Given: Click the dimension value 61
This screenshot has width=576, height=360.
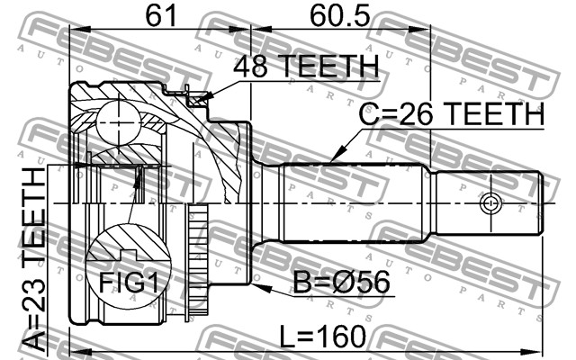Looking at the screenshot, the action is click(x=162, y=15).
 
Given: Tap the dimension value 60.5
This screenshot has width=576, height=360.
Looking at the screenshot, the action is click(x=340, y=15).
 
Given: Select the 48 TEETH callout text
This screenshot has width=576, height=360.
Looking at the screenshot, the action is click(x=306, y=67).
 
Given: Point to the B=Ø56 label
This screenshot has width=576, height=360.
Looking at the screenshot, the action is click(x=341, y=282).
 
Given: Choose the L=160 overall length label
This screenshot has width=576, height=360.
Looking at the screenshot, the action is click(x=323, y=336).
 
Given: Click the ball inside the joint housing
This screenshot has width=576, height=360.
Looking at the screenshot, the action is click(x=119, y=123).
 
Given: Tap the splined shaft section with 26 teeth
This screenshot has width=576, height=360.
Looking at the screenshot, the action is click(x=353, y=202).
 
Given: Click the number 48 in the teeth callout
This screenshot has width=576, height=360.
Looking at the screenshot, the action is click(x=250, y=67).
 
